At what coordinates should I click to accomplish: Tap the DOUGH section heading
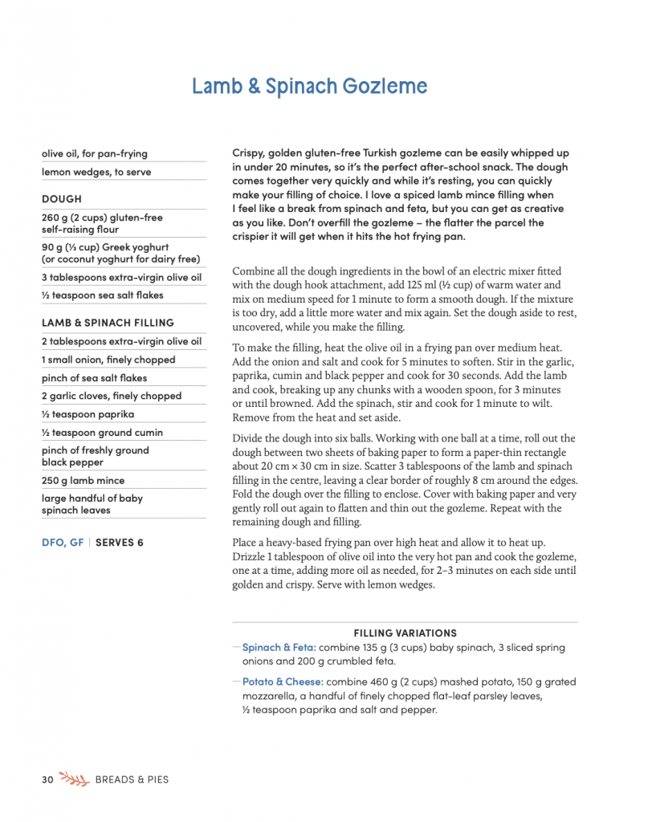click(62, 199)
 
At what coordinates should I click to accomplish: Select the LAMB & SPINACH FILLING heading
click(108, 323)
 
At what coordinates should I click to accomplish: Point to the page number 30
click(47, 779)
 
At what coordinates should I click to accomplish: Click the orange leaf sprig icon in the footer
click(74, 779)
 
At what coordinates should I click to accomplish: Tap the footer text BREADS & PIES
click(132, 779)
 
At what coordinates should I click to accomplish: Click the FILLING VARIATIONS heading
click(405, 633)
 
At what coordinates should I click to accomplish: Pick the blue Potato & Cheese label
click(283, 682)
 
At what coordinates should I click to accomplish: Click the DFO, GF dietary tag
click(63, 543)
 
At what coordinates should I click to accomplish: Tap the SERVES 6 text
click(120, 543)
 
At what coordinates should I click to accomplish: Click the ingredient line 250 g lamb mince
click(84, 480)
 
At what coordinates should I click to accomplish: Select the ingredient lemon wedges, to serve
click(96, 172)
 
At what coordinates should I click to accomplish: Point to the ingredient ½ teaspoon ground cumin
click(102, 433)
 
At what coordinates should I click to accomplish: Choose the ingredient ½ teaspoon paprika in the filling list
click(88, 414)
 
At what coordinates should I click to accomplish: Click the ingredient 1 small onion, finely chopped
click(108, 360)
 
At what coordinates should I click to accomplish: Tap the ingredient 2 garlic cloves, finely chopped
click(112, 396)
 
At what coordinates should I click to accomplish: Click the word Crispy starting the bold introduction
click(249, 153)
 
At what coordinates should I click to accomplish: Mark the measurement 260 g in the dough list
click(56, 218)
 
